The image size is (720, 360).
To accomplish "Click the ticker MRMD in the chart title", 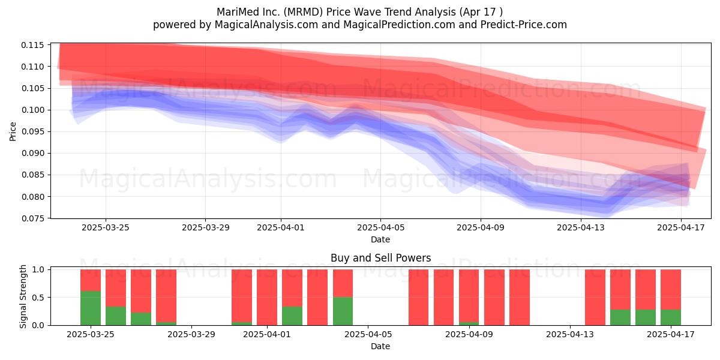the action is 305,12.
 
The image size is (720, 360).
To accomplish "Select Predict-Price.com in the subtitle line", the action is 524,25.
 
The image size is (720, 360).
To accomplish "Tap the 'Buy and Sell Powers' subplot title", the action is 380,258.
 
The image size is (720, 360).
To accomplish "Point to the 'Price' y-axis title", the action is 13,131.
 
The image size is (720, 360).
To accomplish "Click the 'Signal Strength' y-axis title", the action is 23,296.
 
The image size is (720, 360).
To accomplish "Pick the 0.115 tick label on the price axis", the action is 32,45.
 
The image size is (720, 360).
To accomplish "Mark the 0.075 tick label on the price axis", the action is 32,218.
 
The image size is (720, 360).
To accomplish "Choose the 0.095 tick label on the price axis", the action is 32,131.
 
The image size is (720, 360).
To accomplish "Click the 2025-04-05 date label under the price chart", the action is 380,227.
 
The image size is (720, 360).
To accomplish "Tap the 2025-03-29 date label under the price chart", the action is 205,227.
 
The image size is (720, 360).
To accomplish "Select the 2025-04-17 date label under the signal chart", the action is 671,334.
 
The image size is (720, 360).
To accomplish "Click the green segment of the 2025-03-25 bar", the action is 91,308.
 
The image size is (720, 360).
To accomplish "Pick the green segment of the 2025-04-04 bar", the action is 343,311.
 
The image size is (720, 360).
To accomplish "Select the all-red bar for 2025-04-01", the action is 267,298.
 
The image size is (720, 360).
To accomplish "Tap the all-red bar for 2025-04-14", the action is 595,298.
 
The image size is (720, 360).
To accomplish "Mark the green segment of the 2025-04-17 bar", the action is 671,317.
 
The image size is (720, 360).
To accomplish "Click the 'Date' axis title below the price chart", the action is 380,239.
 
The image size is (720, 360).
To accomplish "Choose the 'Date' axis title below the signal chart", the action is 380,346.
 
